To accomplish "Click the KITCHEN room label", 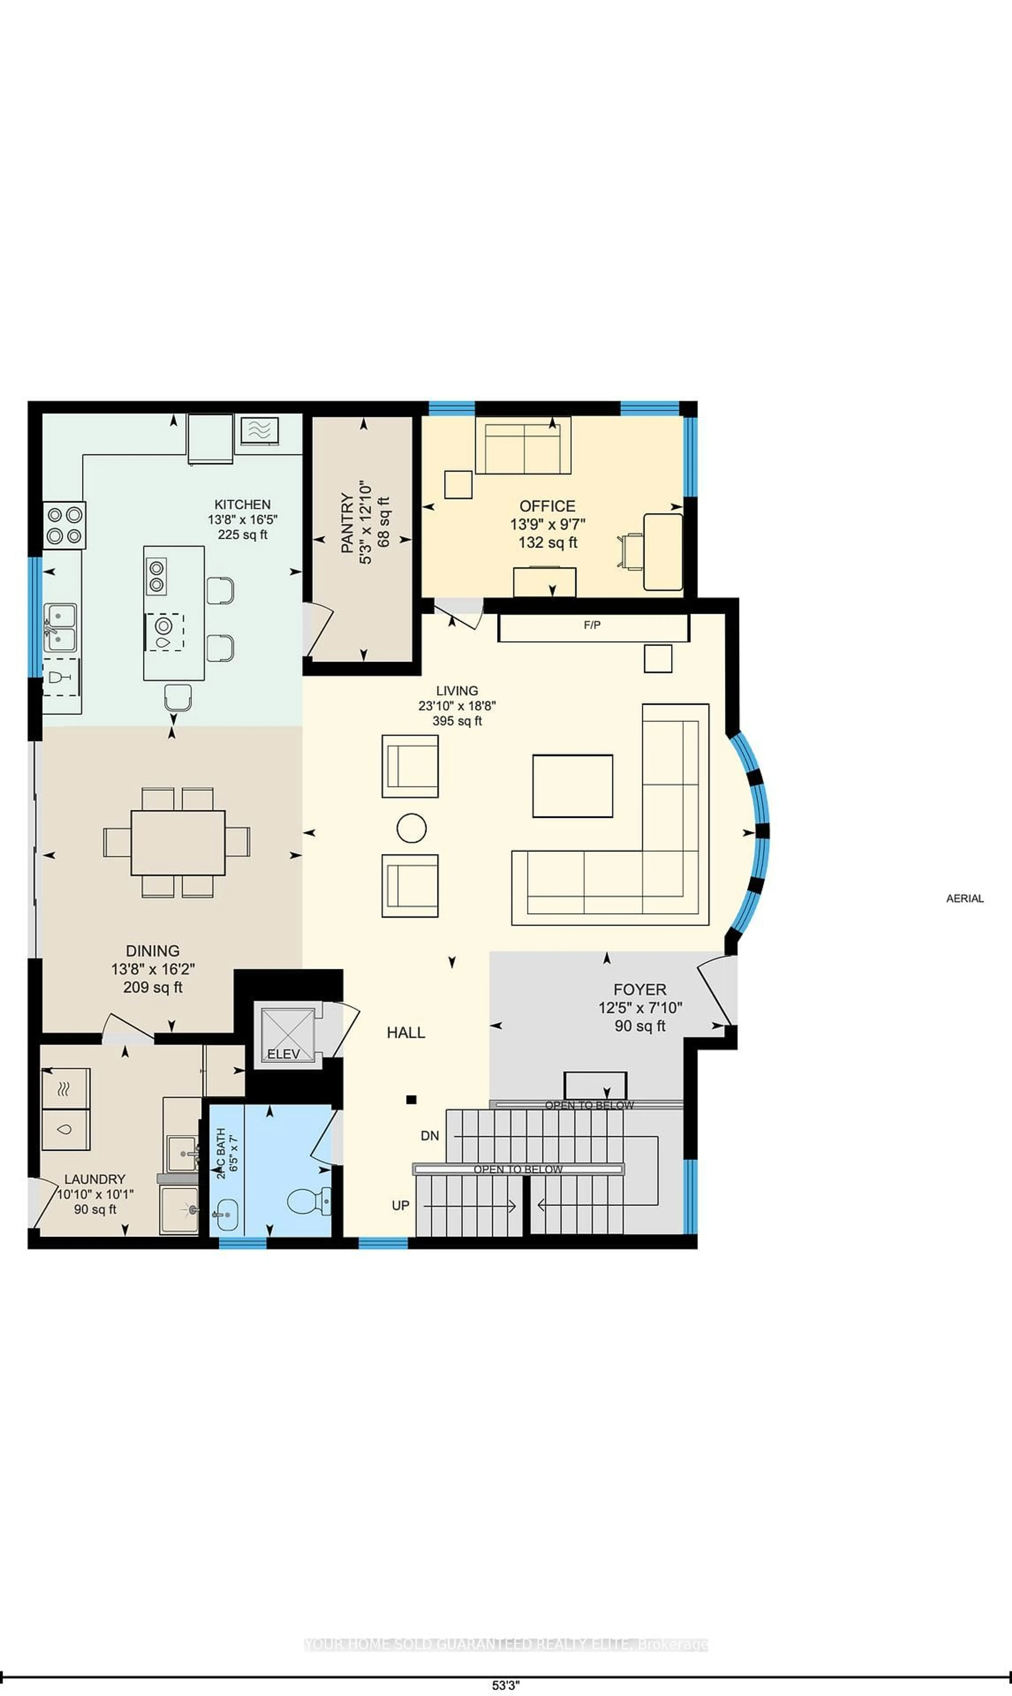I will click(242, 505).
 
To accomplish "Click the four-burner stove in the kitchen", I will click(64, 525).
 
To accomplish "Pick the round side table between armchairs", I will click(411, 828).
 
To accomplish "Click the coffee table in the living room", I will click(572, 786).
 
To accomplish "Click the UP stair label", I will click(400, 1206).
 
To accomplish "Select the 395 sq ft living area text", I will click(457, 721).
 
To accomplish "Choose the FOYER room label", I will click(640, 990).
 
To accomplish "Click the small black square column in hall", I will click(411, 1099).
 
